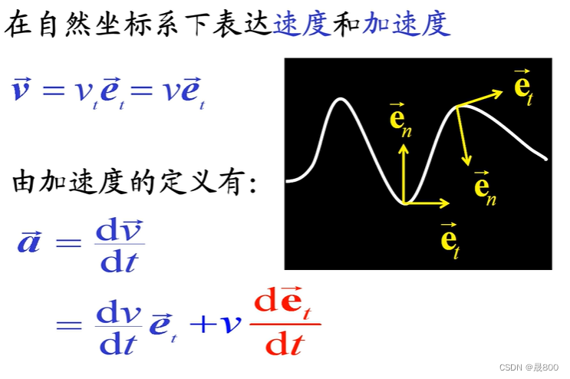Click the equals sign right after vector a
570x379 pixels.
[68, 244]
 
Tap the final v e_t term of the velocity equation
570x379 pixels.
[183, 94]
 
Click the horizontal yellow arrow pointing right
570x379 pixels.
[427, 203]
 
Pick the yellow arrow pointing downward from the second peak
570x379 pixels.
[462, 135]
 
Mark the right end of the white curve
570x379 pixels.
[546, 159]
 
